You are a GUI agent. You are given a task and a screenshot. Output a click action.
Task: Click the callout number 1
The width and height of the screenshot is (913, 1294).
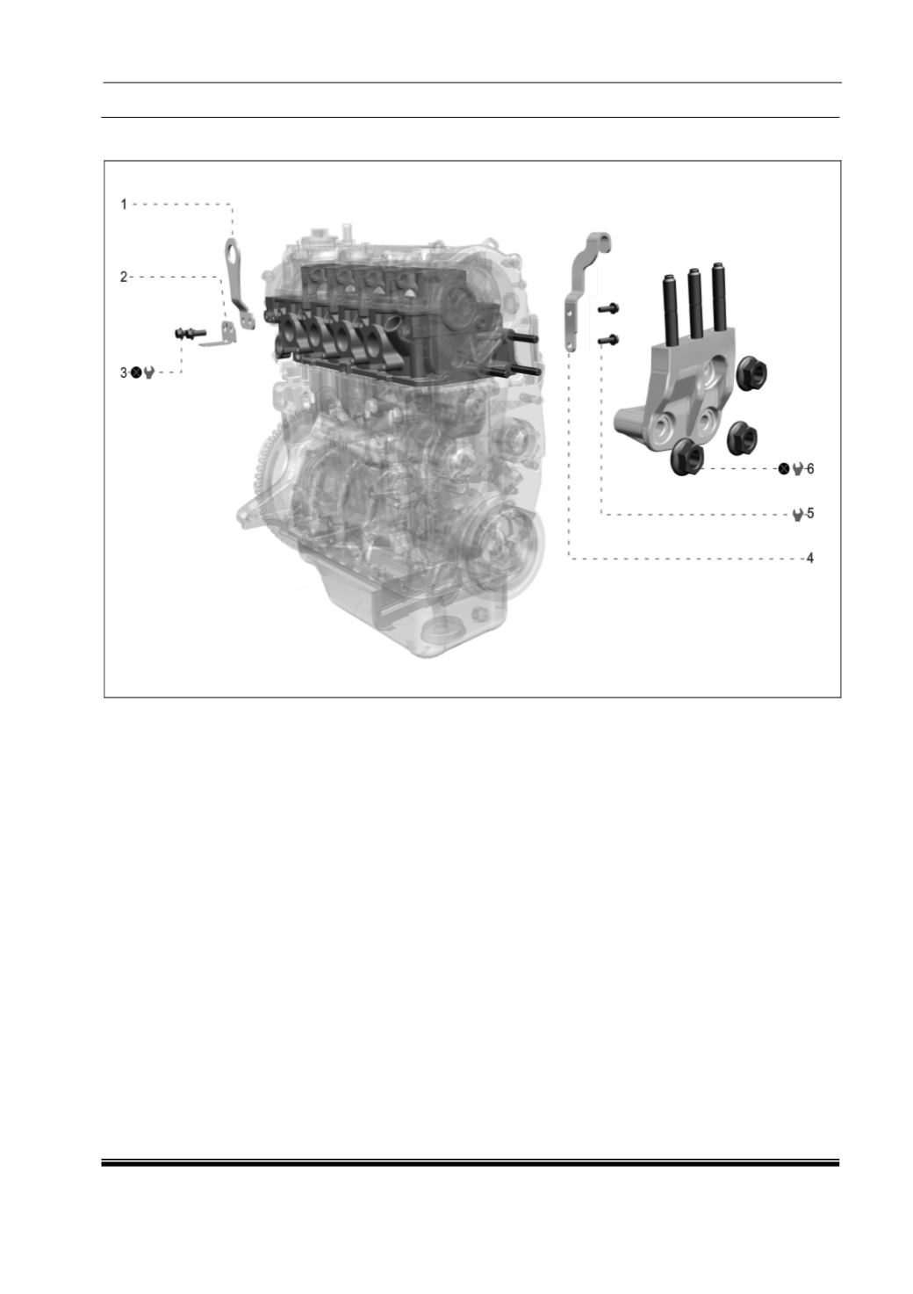[124, 205]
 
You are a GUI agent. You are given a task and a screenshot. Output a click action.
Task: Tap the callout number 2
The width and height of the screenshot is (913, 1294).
[124, 278]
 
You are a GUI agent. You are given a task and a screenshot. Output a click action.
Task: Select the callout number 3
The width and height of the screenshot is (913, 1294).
[124, 372]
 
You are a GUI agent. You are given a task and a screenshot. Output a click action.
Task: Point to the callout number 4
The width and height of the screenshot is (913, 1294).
[809, 558]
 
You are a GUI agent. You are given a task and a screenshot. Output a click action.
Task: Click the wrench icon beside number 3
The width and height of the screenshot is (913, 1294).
[149, 372]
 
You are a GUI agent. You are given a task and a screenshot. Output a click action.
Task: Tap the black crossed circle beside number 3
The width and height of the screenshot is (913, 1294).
[136, 372]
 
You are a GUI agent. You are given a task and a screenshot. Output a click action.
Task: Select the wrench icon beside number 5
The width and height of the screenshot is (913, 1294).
[798, 514]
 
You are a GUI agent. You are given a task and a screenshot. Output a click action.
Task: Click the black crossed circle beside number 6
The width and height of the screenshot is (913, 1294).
[784, 468]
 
